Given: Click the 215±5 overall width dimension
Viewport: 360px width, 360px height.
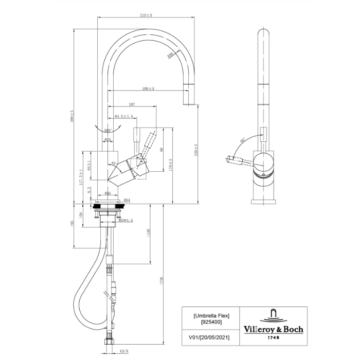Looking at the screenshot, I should click(146, 16).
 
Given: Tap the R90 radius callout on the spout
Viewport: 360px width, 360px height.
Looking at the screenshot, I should click(170, 56).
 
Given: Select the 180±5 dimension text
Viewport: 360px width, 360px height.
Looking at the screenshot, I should click(148, 89).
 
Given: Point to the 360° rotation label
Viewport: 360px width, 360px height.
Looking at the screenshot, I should click(108, 131).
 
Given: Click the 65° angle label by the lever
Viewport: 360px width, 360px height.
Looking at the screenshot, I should click(114, 164).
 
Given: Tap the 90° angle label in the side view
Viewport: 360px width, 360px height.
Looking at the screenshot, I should click(242, 139).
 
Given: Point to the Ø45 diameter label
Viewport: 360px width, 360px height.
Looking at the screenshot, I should click(108, 193).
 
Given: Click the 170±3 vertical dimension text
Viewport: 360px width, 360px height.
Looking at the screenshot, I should click(171, 165).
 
